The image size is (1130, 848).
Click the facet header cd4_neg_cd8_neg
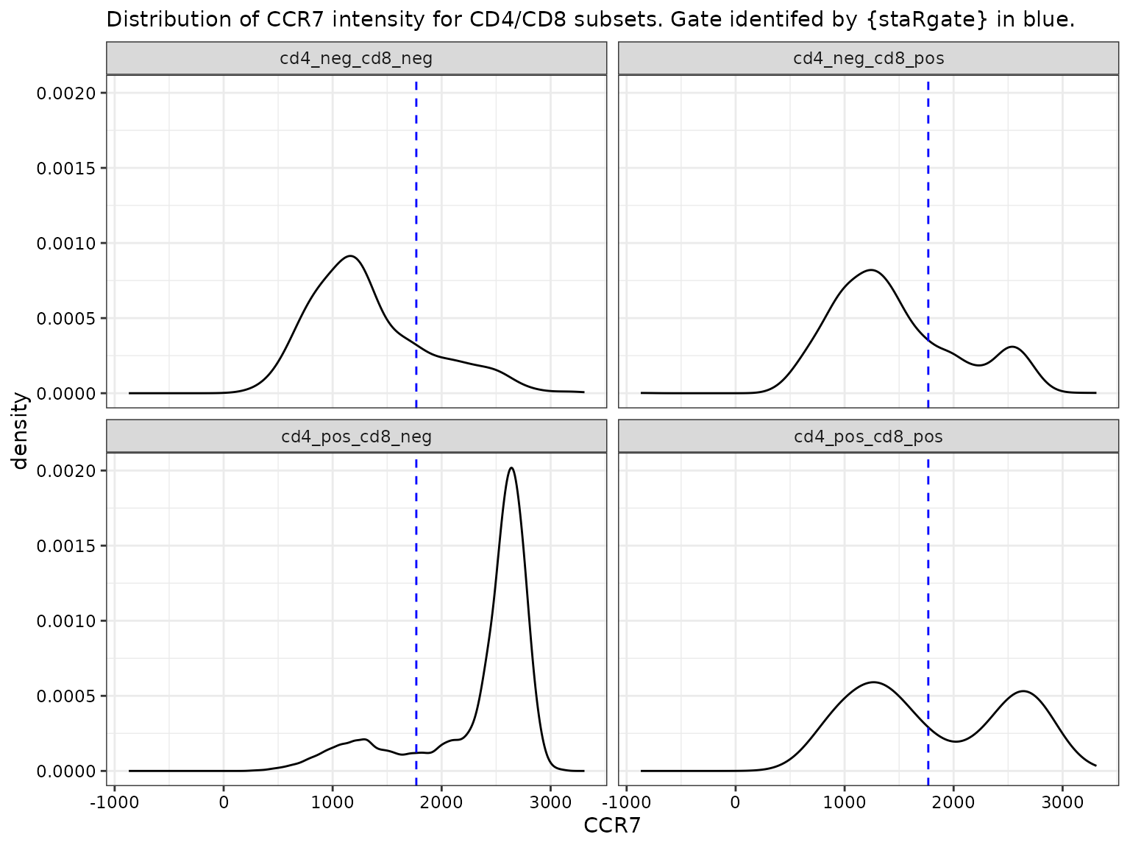[356, 59]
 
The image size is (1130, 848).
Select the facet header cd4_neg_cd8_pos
[868, 59]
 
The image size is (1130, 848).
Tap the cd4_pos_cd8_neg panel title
[356, 437]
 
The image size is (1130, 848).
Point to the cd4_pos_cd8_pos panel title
[868, 437]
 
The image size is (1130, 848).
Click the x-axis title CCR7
[612, 826]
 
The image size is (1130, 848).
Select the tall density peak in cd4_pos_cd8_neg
[511, 468]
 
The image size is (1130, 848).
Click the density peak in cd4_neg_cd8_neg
[351, 256]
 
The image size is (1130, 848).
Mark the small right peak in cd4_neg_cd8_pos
[1013, 347]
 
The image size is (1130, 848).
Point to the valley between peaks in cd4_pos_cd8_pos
[955, 741]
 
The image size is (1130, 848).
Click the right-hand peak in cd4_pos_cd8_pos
[1023, 691]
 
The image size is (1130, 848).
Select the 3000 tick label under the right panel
[1062, 801]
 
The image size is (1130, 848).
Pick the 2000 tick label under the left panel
[441, 801]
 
